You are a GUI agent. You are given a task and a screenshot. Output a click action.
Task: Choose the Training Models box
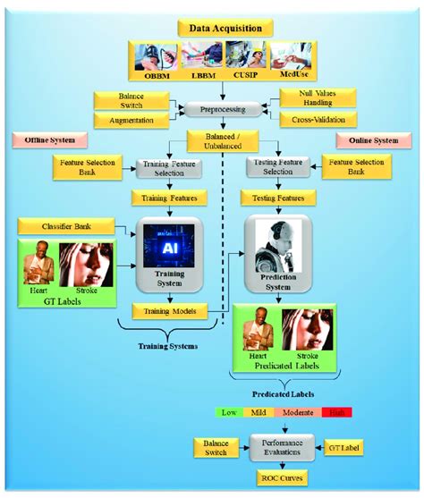170,310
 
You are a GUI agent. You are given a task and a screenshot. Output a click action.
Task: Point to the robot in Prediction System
275,243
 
